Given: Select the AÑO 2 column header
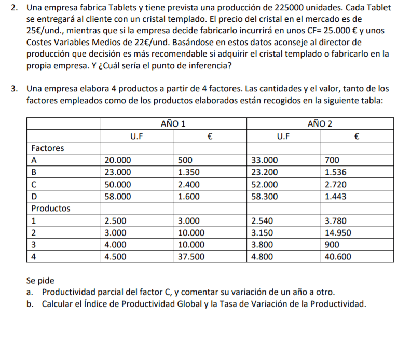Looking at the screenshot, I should coord(320,124).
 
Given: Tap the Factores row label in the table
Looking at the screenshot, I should coord(48,148).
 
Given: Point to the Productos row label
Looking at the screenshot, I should coord(51,209).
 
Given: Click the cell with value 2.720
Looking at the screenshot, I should coord(335,185).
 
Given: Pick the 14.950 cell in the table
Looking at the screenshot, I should coord(338,232).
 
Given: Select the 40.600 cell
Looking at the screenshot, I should coord(338,256).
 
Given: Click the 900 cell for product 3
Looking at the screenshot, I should coord(332,244).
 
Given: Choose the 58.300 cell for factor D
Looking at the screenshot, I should coord(264,197).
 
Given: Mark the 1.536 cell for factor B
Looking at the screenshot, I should coord(335,172).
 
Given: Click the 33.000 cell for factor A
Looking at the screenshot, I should coord(264,160).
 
